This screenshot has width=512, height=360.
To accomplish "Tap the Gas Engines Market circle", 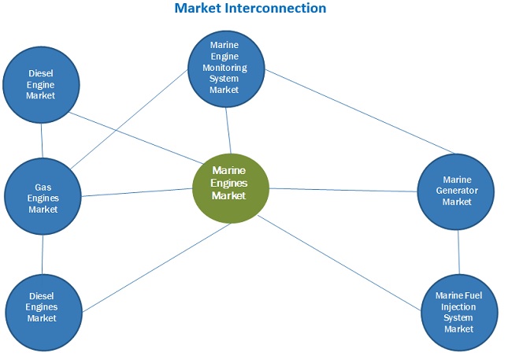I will pos(43,198).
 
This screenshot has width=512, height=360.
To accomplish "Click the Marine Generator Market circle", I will pos(456,191).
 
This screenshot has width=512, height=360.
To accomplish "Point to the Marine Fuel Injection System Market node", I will pos(458,312).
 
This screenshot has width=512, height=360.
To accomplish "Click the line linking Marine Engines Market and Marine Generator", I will pos(343,189).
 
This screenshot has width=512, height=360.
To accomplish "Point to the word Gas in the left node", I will pos(43,187).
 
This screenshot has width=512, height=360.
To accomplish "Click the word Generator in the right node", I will pos(456,191).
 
